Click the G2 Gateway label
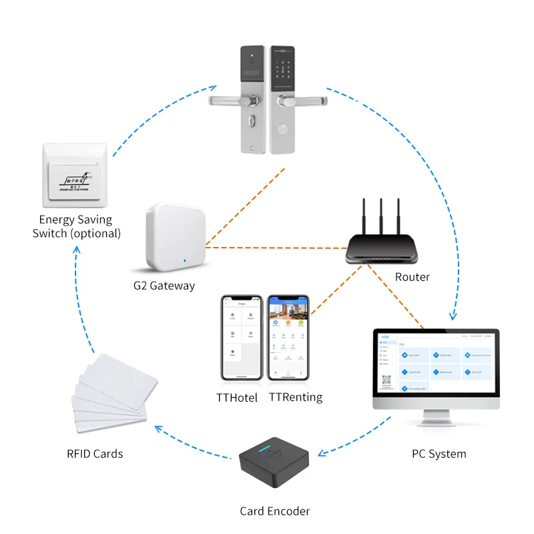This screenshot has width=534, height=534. pos(164,286)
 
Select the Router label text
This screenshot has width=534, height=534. pos(412,277)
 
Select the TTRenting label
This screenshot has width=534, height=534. pos(295,397)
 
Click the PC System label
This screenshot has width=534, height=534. pos(439,454)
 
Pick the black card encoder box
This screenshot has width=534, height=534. pos(274,467)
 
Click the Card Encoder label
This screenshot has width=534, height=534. pos(274,511)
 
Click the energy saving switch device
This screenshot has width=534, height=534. pos(74,176)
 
